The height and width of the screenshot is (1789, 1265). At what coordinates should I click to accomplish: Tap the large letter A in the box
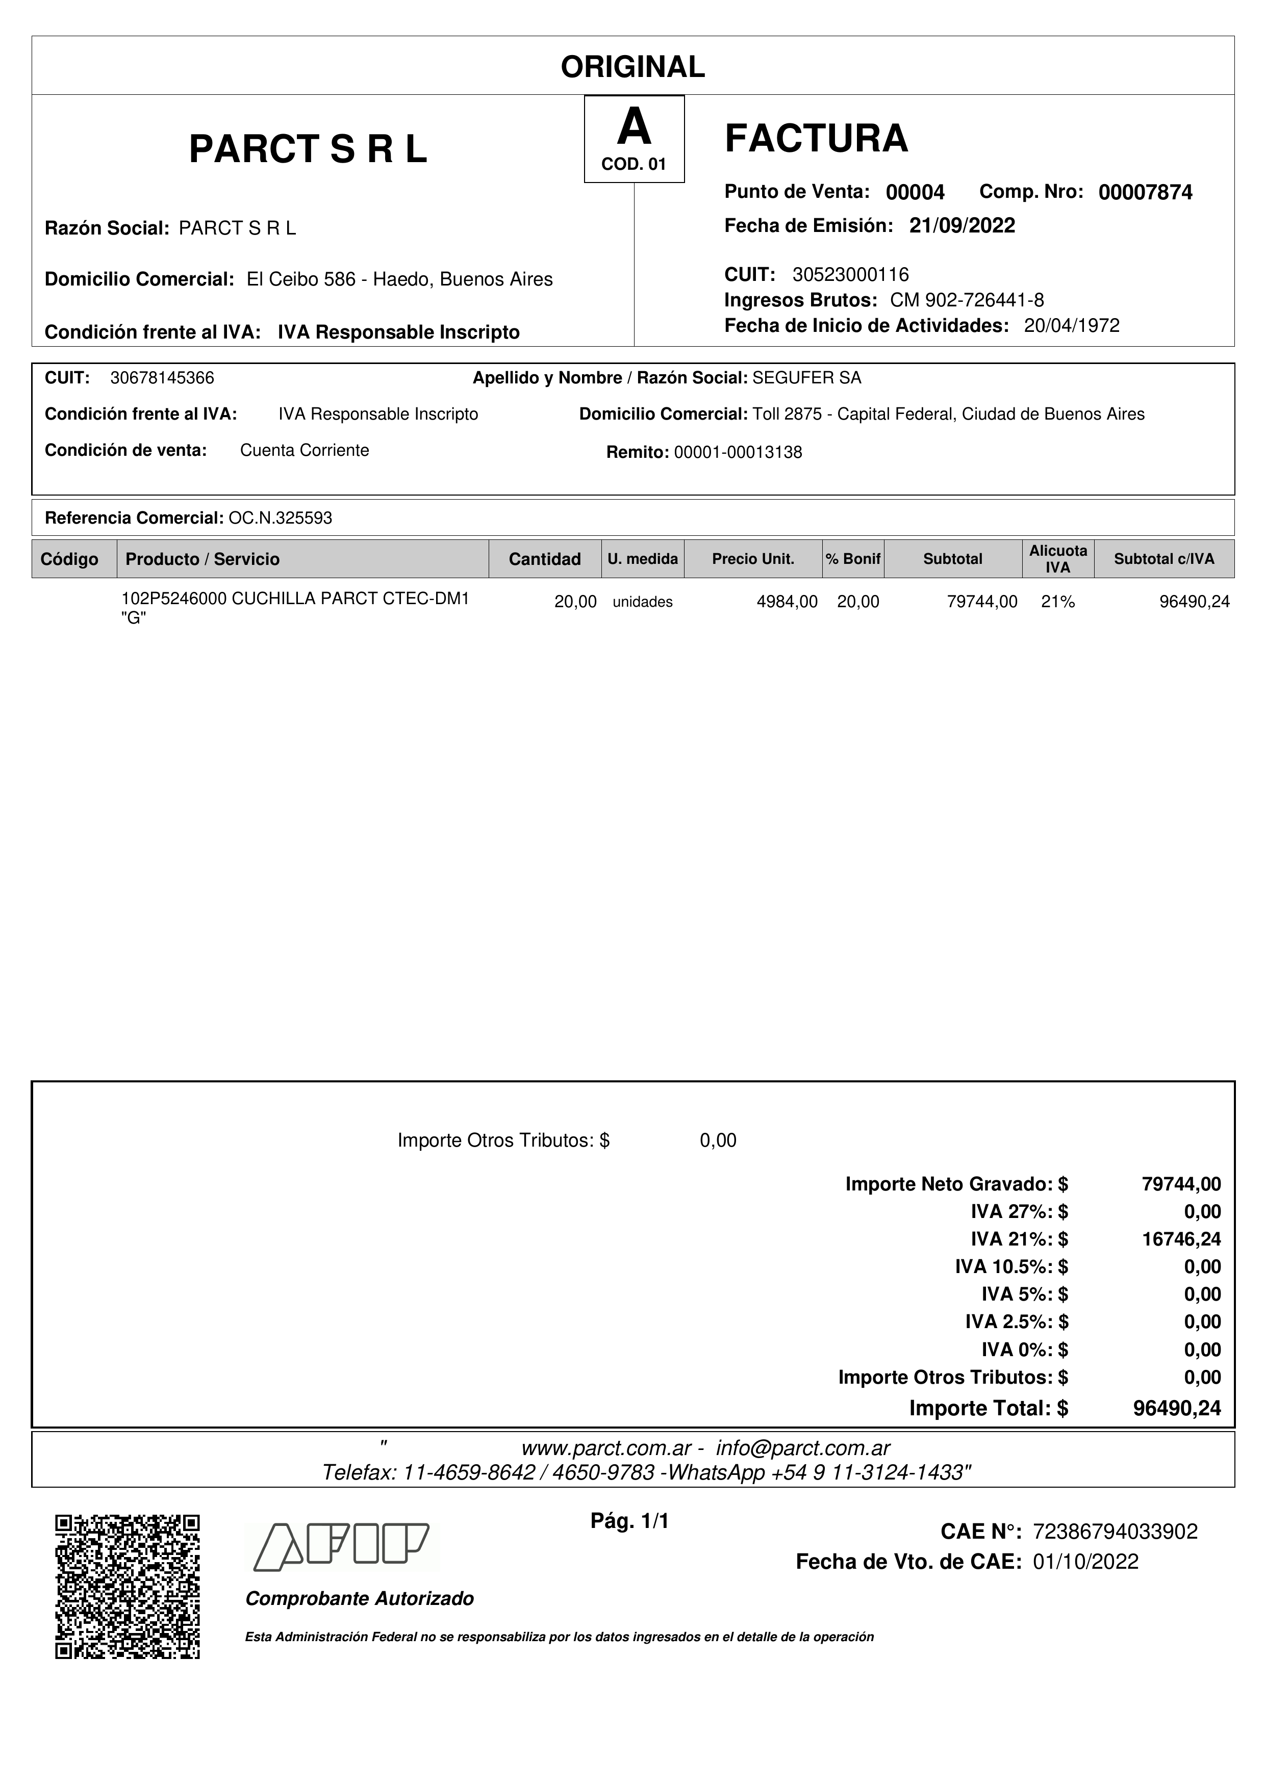[x=634, y=128]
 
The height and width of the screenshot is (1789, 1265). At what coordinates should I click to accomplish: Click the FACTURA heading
[x=816, y=139]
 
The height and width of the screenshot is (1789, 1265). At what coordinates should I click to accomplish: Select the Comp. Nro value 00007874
[x=1145, y=192]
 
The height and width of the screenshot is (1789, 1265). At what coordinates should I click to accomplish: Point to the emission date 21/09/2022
[x=962, y=226]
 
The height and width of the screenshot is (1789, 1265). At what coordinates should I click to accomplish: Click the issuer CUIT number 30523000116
[x=850, y=274]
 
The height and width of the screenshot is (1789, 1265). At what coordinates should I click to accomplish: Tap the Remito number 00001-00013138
[x=738, y=453]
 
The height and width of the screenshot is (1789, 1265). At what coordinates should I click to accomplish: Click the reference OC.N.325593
[x=280, y=518]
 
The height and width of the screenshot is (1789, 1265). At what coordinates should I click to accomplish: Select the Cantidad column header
[x=545, y=559]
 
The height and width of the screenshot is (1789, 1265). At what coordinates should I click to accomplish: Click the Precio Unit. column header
[x=753, y=559]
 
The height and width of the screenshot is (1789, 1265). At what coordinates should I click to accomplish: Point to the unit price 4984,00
[x=787, y=602]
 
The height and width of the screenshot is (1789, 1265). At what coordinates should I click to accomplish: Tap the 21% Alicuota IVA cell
[x=1058, y=602]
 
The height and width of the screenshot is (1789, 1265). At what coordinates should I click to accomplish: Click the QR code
[x=127, y=1587]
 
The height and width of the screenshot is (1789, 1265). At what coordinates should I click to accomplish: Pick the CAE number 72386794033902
[x=1115, y=1532]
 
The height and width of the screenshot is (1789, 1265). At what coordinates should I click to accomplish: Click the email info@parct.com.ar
[x=803, y=1448]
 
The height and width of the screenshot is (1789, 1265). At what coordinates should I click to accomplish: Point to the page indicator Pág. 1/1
[x=630, y=1521]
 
